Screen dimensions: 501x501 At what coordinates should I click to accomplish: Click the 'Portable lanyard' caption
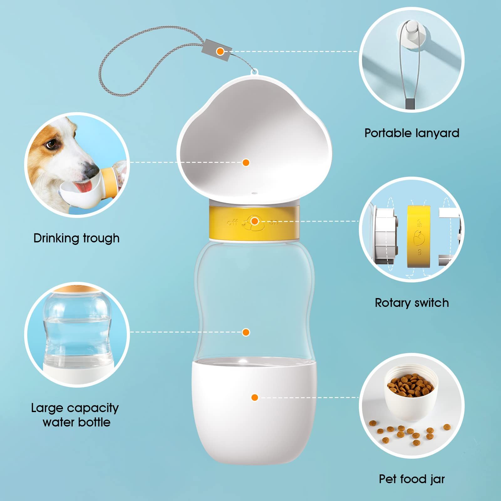[x=411, y=133]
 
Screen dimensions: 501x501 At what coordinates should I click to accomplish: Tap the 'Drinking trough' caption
[x=76, y=238]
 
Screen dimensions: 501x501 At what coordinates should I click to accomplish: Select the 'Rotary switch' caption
[x=412, y=303]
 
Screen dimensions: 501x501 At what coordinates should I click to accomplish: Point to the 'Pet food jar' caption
[x=412, y=479]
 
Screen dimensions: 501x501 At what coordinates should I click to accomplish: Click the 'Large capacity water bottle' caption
[x=75, y=415]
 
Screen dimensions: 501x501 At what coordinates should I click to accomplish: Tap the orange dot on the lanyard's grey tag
[x=220, y=51]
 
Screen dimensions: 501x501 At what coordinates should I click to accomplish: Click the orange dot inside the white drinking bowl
[x=246, y=162]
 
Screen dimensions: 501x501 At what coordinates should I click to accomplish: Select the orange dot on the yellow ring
[x=255, y=221]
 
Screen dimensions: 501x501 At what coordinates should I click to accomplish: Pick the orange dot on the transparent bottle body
[x=246, y=332]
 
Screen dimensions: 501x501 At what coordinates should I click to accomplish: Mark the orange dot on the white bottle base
[x=255, y=397]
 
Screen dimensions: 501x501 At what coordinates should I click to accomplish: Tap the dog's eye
[x=53, y=144]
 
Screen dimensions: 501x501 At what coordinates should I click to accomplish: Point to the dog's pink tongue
[x=86, y=187]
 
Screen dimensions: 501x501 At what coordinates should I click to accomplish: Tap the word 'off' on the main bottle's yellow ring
[x=232, y=223]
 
